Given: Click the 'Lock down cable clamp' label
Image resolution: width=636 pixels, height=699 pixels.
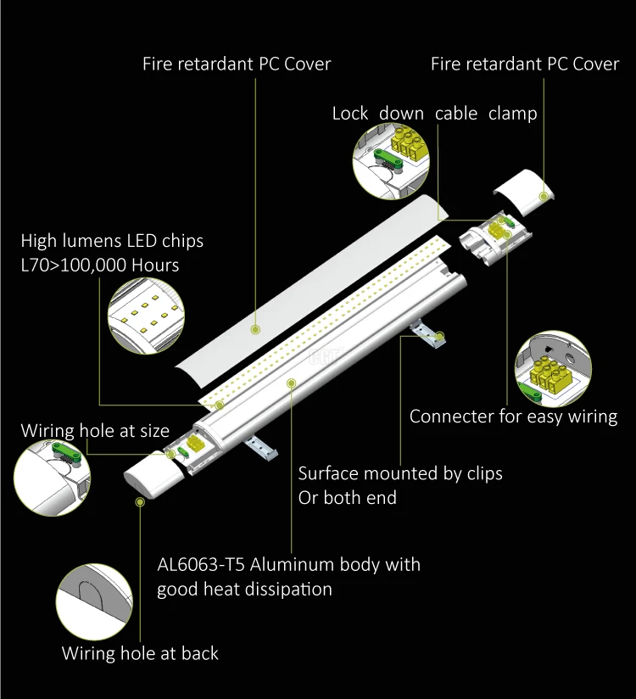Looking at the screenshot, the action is coord(434,114).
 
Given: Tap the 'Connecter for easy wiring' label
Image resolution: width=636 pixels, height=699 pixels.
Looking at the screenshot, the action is coord(513,417).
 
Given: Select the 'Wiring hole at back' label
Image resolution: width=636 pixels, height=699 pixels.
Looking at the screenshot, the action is coord(140,654).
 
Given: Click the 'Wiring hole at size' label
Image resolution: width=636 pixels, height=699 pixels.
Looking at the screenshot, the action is coord(95,431).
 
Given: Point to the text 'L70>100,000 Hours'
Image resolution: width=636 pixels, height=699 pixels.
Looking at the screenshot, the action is coord(100,266).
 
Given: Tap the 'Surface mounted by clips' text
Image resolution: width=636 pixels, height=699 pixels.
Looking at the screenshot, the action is coord(400,473).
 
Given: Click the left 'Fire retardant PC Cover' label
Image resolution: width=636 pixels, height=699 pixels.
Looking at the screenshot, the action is coord(237,64).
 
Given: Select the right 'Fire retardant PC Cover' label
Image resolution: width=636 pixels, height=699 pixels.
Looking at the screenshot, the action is coord(525,64).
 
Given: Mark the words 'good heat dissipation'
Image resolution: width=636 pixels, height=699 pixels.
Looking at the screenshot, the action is coord(244,589).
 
